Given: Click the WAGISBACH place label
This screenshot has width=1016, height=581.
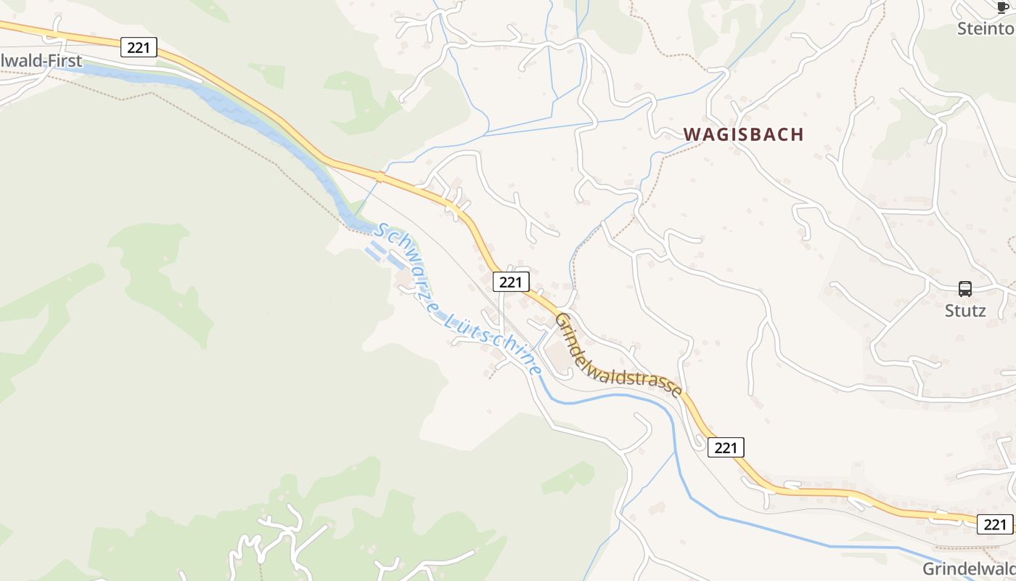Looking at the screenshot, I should coord(744,134).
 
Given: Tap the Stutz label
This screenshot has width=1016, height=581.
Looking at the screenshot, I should coord(965,311).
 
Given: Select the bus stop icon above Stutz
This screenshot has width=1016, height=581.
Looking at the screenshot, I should coord(965,289).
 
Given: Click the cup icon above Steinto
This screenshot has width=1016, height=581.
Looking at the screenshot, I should coord(1004,8).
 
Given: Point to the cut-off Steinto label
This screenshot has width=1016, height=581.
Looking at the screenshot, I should coord(986,29).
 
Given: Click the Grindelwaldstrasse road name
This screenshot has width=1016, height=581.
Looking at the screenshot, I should coord(618,356).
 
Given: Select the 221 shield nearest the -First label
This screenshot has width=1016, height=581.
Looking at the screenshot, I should coord(138,47).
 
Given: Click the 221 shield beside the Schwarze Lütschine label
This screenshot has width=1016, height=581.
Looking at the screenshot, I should coord(510,282).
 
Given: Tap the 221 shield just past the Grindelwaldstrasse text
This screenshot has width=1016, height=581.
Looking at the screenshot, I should coord(726,447).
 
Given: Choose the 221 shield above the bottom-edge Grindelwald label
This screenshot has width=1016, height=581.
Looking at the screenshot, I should coord(995,524).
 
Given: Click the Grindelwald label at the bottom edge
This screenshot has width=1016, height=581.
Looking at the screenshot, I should coord(969,569).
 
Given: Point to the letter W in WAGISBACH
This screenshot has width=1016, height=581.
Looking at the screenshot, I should coord(692,134).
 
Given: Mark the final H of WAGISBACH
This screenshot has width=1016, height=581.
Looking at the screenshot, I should coord(798,134).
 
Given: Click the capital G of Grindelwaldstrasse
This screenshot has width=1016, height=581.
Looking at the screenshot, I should coord(562,320).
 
